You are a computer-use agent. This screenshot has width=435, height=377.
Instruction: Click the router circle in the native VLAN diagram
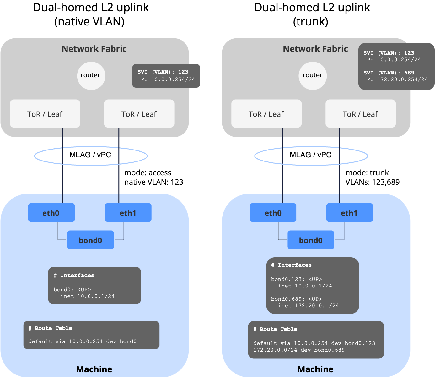(x=91, y=75)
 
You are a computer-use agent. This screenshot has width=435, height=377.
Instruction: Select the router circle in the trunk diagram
(x=313, y=75)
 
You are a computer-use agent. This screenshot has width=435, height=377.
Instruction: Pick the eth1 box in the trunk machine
(x=350, y=213)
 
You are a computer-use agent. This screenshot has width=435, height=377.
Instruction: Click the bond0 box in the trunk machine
(x=311, y=240)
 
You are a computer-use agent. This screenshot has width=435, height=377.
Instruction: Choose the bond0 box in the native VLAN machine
(x=90, y=240)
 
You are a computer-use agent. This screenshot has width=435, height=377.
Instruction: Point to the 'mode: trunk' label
(x=367, y=173)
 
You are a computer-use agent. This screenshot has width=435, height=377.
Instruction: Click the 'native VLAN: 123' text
(x=153, y=182)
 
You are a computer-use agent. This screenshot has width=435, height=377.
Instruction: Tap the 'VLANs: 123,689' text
(x=372, y=182)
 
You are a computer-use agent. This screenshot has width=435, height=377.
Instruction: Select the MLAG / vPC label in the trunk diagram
(x=310, y=155)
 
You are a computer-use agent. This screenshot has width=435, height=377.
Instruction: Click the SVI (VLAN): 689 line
(x=389, y=73)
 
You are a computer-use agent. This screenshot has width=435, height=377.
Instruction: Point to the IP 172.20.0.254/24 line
(x=395, y=79)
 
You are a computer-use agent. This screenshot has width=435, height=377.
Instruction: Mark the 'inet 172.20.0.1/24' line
(x=308, y=306)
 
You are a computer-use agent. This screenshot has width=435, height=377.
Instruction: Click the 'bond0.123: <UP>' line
(x=296, y=279)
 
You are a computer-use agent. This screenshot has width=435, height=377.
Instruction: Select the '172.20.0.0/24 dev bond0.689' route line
(x=299, y=350)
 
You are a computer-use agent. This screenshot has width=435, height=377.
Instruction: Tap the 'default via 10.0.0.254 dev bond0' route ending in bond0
(x=82, y=341)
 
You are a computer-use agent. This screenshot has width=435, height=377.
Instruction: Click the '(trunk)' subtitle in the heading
(x=310, y=22)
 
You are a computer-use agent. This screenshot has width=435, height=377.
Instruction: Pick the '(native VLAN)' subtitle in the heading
(x=89, y=22)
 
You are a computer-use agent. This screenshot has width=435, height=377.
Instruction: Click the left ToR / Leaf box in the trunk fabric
(x=266, y=114)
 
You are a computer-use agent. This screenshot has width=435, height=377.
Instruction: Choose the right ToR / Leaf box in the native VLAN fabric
(x=139, y=114)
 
